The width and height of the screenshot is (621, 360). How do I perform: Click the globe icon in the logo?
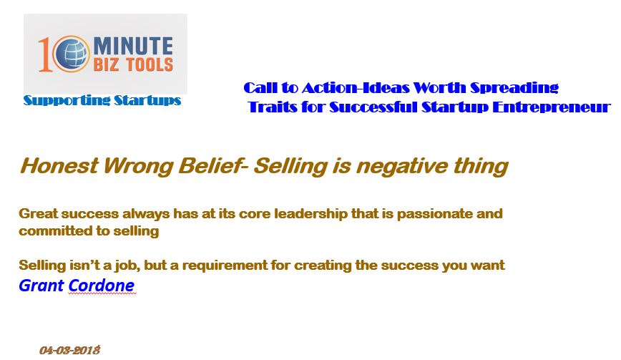click(71, 54)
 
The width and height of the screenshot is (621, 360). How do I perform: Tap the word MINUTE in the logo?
click(133, 46)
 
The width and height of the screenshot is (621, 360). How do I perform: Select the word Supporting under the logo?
click(66, 101)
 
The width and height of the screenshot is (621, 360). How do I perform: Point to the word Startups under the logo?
click(147, 101)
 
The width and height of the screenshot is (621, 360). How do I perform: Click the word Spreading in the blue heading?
click(514, 88)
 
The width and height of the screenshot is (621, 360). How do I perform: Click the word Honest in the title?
click(59, 165)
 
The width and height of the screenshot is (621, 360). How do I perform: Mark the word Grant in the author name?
click(41, 286)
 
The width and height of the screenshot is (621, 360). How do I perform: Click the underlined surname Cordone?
click(102, 286)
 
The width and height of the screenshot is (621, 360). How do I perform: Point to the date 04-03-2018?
click(69, 351)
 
